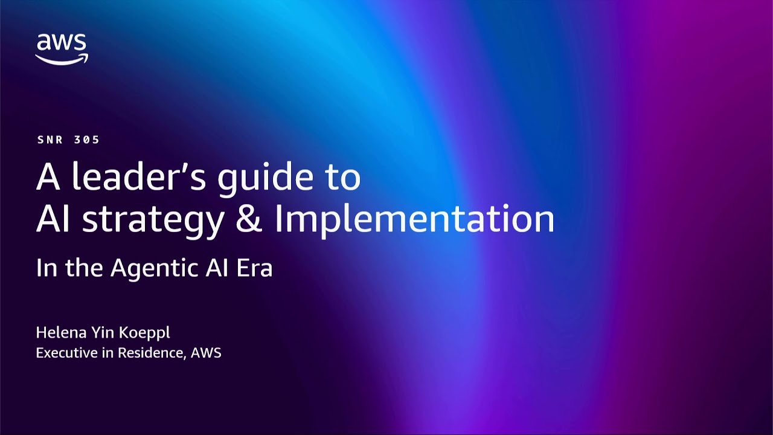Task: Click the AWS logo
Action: tap(61, 49)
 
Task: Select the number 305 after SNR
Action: tap(87, 140)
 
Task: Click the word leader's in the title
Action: tap(140, 176)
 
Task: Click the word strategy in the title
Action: tap(153, 220)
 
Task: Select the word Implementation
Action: tap(414, 220)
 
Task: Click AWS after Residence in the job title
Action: tap(206, 353)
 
